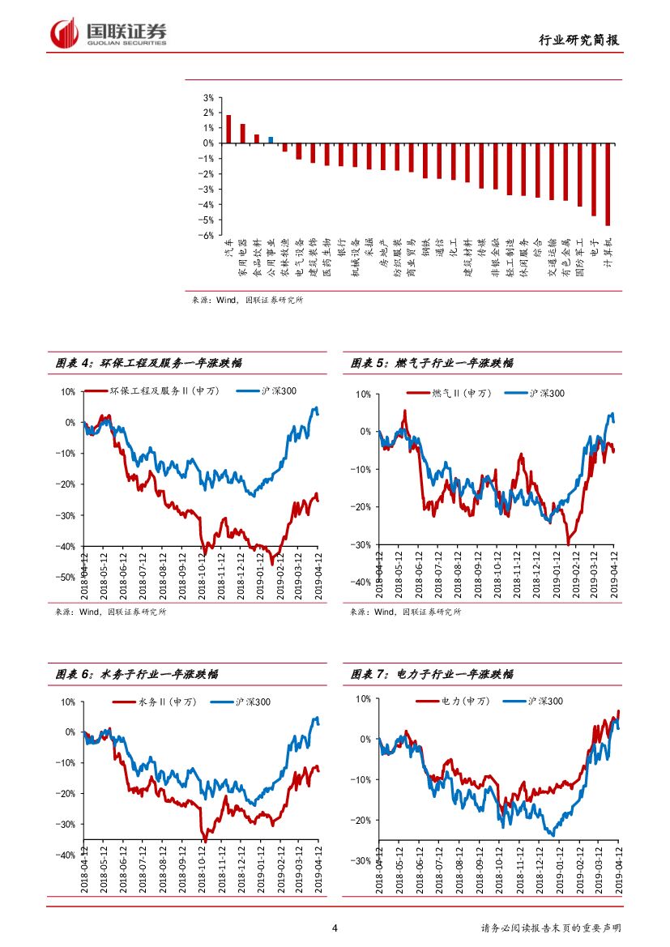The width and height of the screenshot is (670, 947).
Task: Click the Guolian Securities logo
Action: pyautogui.click(x=109, y=33)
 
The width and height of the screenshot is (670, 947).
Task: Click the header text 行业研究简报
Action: pyautogui.click(x=583, y=41)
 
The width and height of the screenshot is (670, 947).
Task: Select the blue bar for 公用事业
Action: pyautogui.click(x=271, y=139)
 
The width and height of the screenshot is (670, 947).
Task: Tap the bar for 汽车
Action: pyautogui.click(x=228, y=129)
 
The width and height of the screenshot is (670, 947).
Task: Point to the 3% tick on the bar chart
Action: pyautogui.click(x=208, y=97)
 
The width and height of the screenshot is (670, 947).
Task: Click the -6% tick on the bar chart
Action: pyautogui.click(x=207, y=236)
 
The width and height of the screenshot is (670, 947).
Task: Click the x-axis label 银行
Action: pyautogui.click(x=341, y=246)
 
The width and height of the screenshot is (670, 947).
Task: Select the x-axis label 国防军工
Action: pyautogui.click(x=579, y=258)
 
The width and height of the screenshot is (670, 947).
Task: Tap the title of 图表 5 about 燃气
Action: pyautogui.click(x=432, y=363)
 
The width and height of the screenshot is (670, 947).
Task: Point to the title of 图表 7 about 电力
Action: pyautogui.click(x=432, y=674)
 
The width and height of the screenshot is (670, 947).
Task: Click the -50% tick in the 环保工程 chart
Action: pyautogui.click(x=67, y=578)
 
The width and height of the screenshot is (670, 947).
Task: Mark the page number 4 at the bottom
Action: pyautogui.click(x=335, y=928)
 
